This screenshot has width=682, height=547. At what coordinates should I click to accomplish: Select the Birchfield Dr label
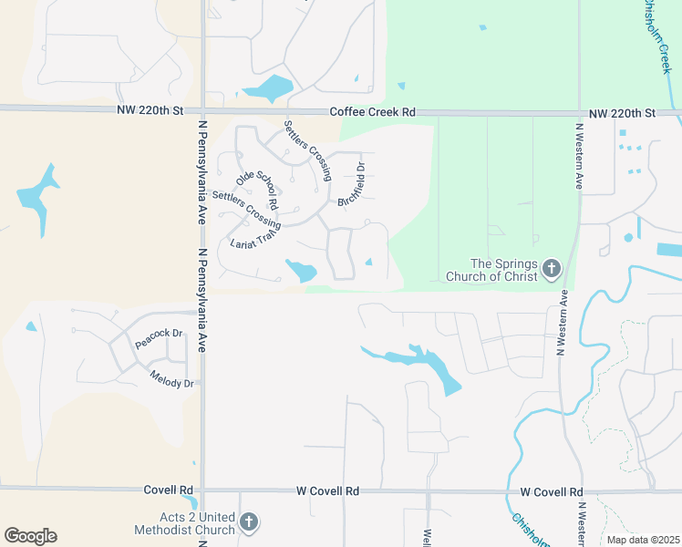351,185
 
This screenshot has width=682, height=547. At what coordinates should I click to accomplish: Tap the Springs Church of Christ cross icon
551,268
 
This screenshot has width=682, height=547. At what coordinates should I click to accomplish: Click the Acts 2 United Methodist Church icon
249,522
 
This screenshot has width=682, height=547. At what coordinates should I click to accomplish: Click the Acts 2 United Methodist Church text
183,523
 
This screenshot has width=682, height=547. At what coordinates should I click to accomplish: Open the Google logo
30,536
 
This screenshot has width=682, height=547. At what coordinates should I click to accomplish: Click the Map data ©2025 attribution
643,540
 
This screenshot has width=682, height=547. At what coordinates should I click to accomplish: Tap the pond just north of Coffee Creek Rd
267,88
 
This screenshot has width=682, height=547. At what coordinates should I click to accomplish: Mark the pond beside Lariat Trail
301,270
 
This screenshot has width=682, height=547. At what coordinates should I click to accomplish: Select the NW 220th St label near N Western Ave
622,113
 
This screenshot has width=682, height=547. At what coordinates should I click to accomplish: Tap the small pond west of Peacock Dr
31,325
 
